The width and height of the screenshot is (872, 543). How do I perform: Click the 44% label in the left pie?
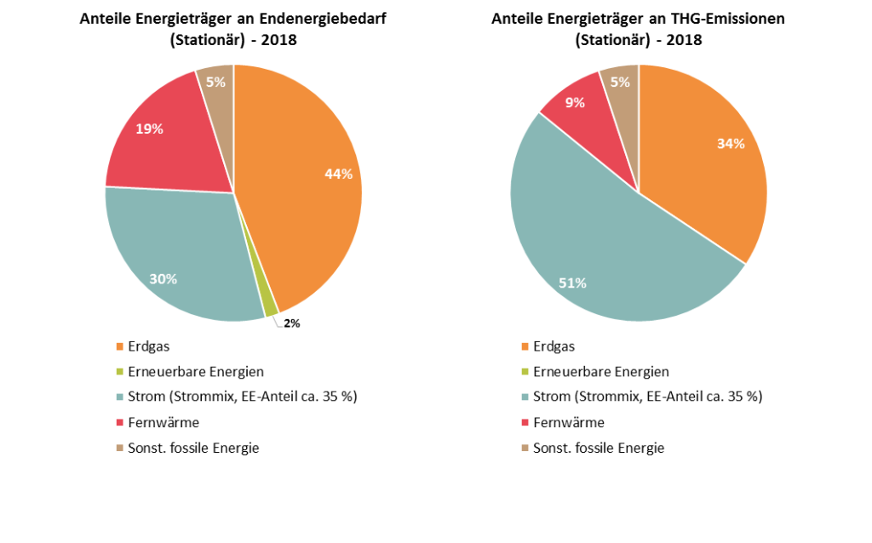pyautogui.click(x=338, y=174)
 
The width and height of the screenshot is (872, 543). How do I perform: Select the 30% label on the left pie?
pyautogui.click(x=163, y=278)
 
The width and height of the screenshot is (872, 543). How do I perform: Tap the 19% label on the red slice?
pyautogui.click(x=149, y=129)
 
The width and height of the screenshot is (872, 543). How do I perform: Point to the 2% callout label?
pyautogui.click(x=291, y=323)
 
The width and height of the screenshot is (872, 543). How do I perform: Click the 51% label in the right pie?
pyautogui.click(x=572, y=283)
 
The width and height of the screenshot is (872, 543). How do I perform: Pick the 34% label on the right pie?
pyautogui.click(x=731, y=144)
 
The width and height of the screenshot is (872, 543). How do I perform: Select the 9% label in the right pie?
pyautogui.click(x=575, y=103)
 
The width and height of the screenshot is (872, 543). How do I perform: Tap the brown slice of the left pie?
pyautogui.click(x=218, y=94)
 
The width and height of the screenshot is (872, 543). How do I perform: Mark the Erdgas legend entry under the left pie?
pyautogui.click(x=148, y=346)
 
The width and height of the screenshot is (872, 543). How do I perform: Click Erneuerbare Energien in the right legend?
pyautogui.click(x=600, y=372)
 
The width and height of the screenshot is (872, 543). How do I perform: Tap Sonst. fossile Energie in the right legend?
pyautogui.click(x=599, y=448)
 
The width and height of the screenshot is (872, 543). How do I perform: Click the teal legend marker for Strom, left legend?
pyautogui.click(x=120, y=397)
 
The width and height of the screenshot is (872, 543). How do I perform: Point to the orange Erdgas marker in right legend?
pyautogui.click(x=525, y=346)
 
